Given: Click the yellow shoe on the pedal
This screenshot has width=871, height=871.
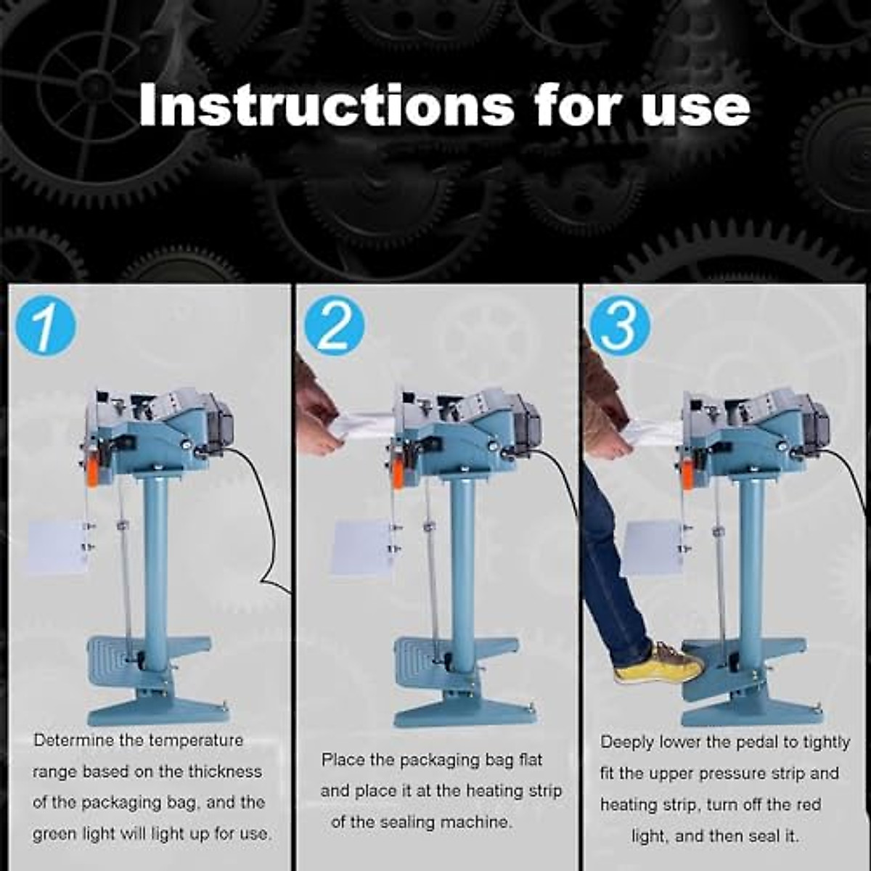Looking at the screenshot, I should (657, 664).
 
